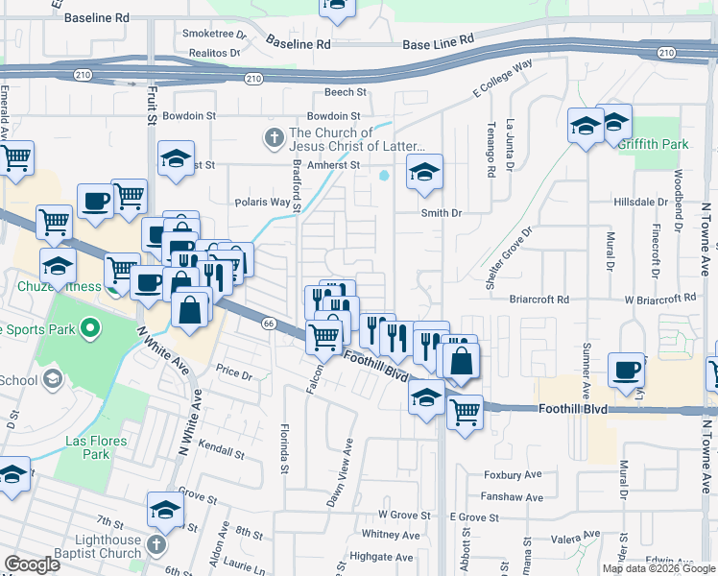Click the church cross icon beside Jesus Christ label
coord(275,138)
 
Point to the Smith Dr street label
coord(442,213)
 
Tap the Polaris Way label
coord(263,203)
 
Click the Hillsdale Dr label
coord(640,203)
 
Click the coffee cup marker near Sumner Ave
coord(627,370)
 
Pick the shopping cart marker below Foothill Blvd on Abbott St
coord(465,413)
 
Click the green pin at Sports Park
coord(91,329)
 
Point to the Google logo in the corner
coord(33,564)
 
